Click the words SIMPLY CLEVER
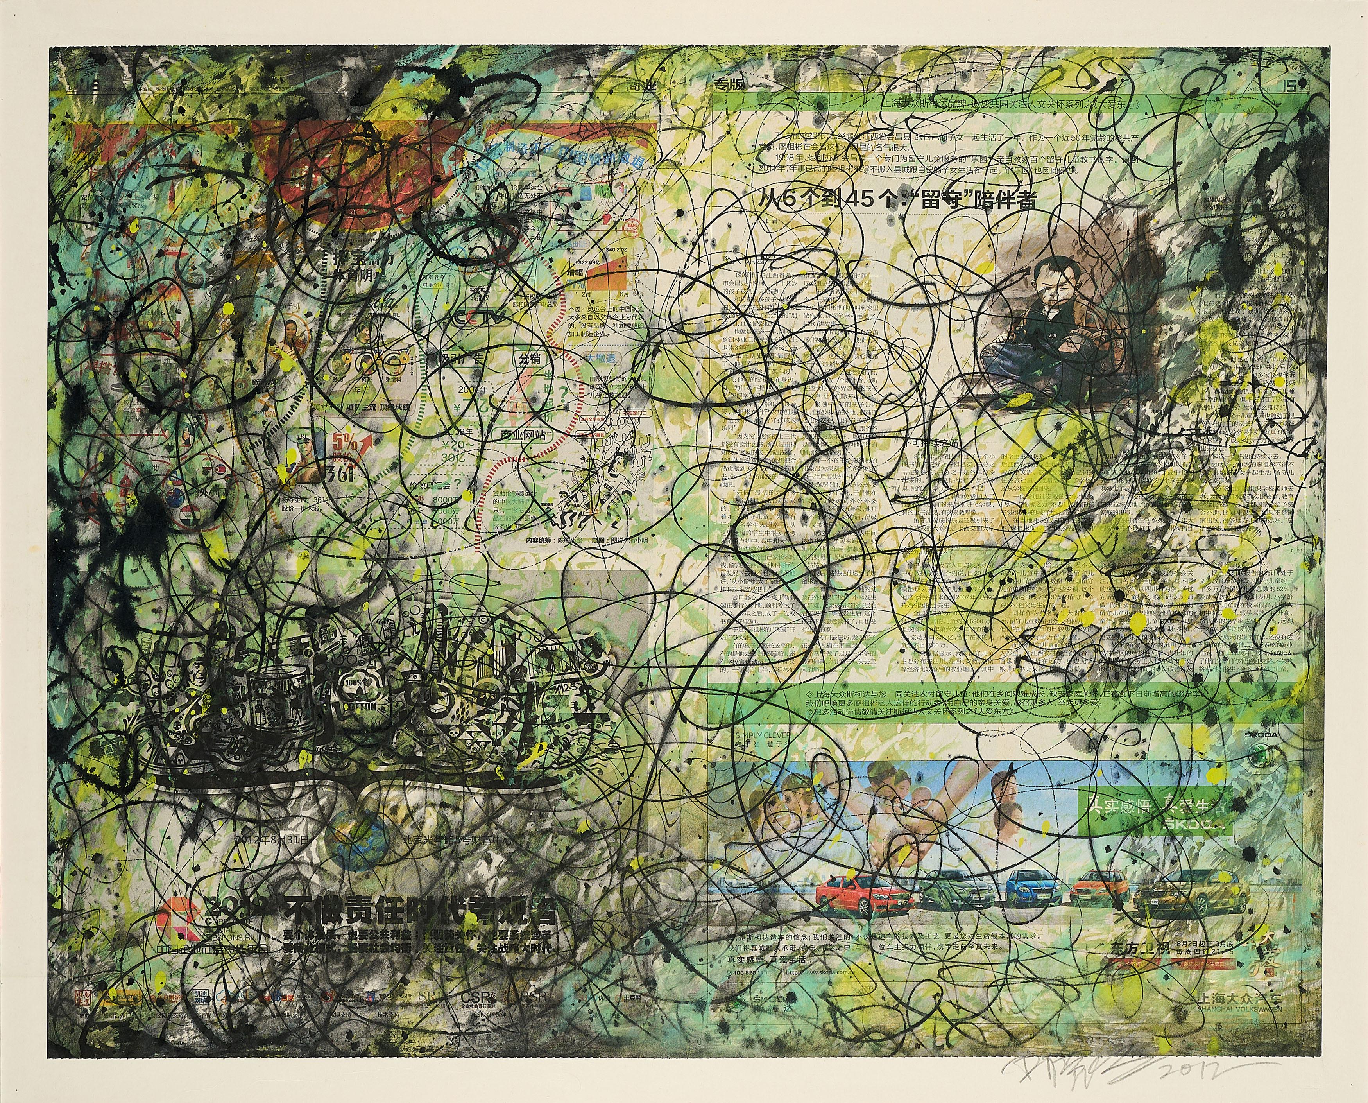(x=763, y=736)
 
